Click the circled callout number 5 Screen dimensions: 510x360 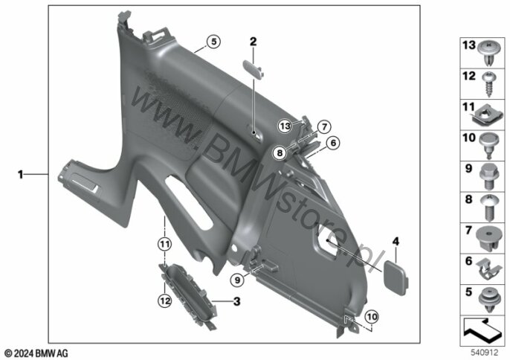point(213,42)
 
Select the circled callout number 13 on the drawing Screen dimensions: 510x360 point(285,126)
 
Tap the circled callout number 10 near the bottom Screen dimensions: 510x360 point(372,317)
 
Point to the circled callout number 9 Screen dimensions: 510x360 point(237,280)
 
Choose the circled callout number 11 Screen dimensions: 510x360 point(164,244)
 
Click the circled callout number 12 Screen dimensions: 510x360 point(164,301)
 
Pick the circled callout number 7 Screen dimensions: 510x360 point(324,127)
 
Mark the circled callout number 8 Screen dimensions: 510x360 point(280,152)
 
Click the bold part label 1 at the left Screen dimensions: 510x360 point(21,175)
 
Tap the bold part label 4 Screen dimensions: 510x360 point(396,241)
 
